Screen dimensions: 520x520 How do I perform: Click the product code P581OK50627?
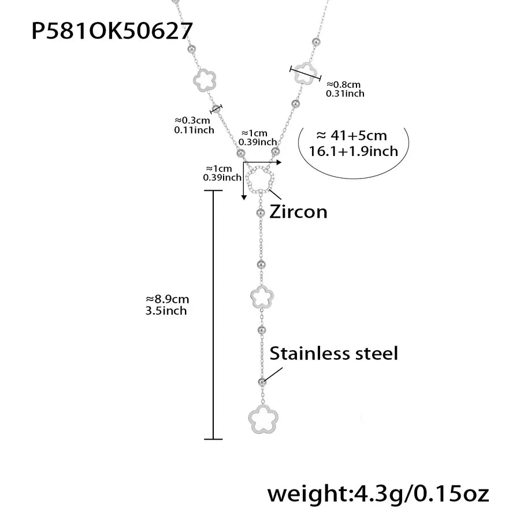tap(112, 31)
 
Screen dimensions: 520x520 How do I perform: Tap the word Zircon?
tap(298, 211)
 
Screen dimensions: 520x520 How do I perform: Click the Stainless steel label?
tap(333, 353)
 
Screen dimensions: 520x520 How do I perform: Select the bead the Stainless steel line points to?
tap(262, 382)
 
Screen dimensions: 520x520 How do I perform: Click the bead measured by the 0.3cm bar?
tap(216, 109)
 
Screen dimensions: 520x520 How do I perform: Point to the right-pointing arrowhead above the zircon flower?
tap(279, 162)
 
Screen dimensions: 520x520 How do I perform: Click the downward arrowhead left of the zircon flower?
tap(244, 198)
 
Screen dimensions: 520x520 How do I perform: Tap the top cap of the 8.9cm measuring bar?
tap(213, 190)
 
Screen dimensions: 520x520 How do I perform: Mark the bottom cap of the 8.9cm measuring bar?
tap(213, 439)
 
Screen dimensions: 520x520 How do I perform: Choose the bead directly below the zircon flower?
tap(261, 213)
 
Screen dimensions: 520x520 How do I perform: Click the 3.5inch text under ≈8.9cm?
tap(166, 311)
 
